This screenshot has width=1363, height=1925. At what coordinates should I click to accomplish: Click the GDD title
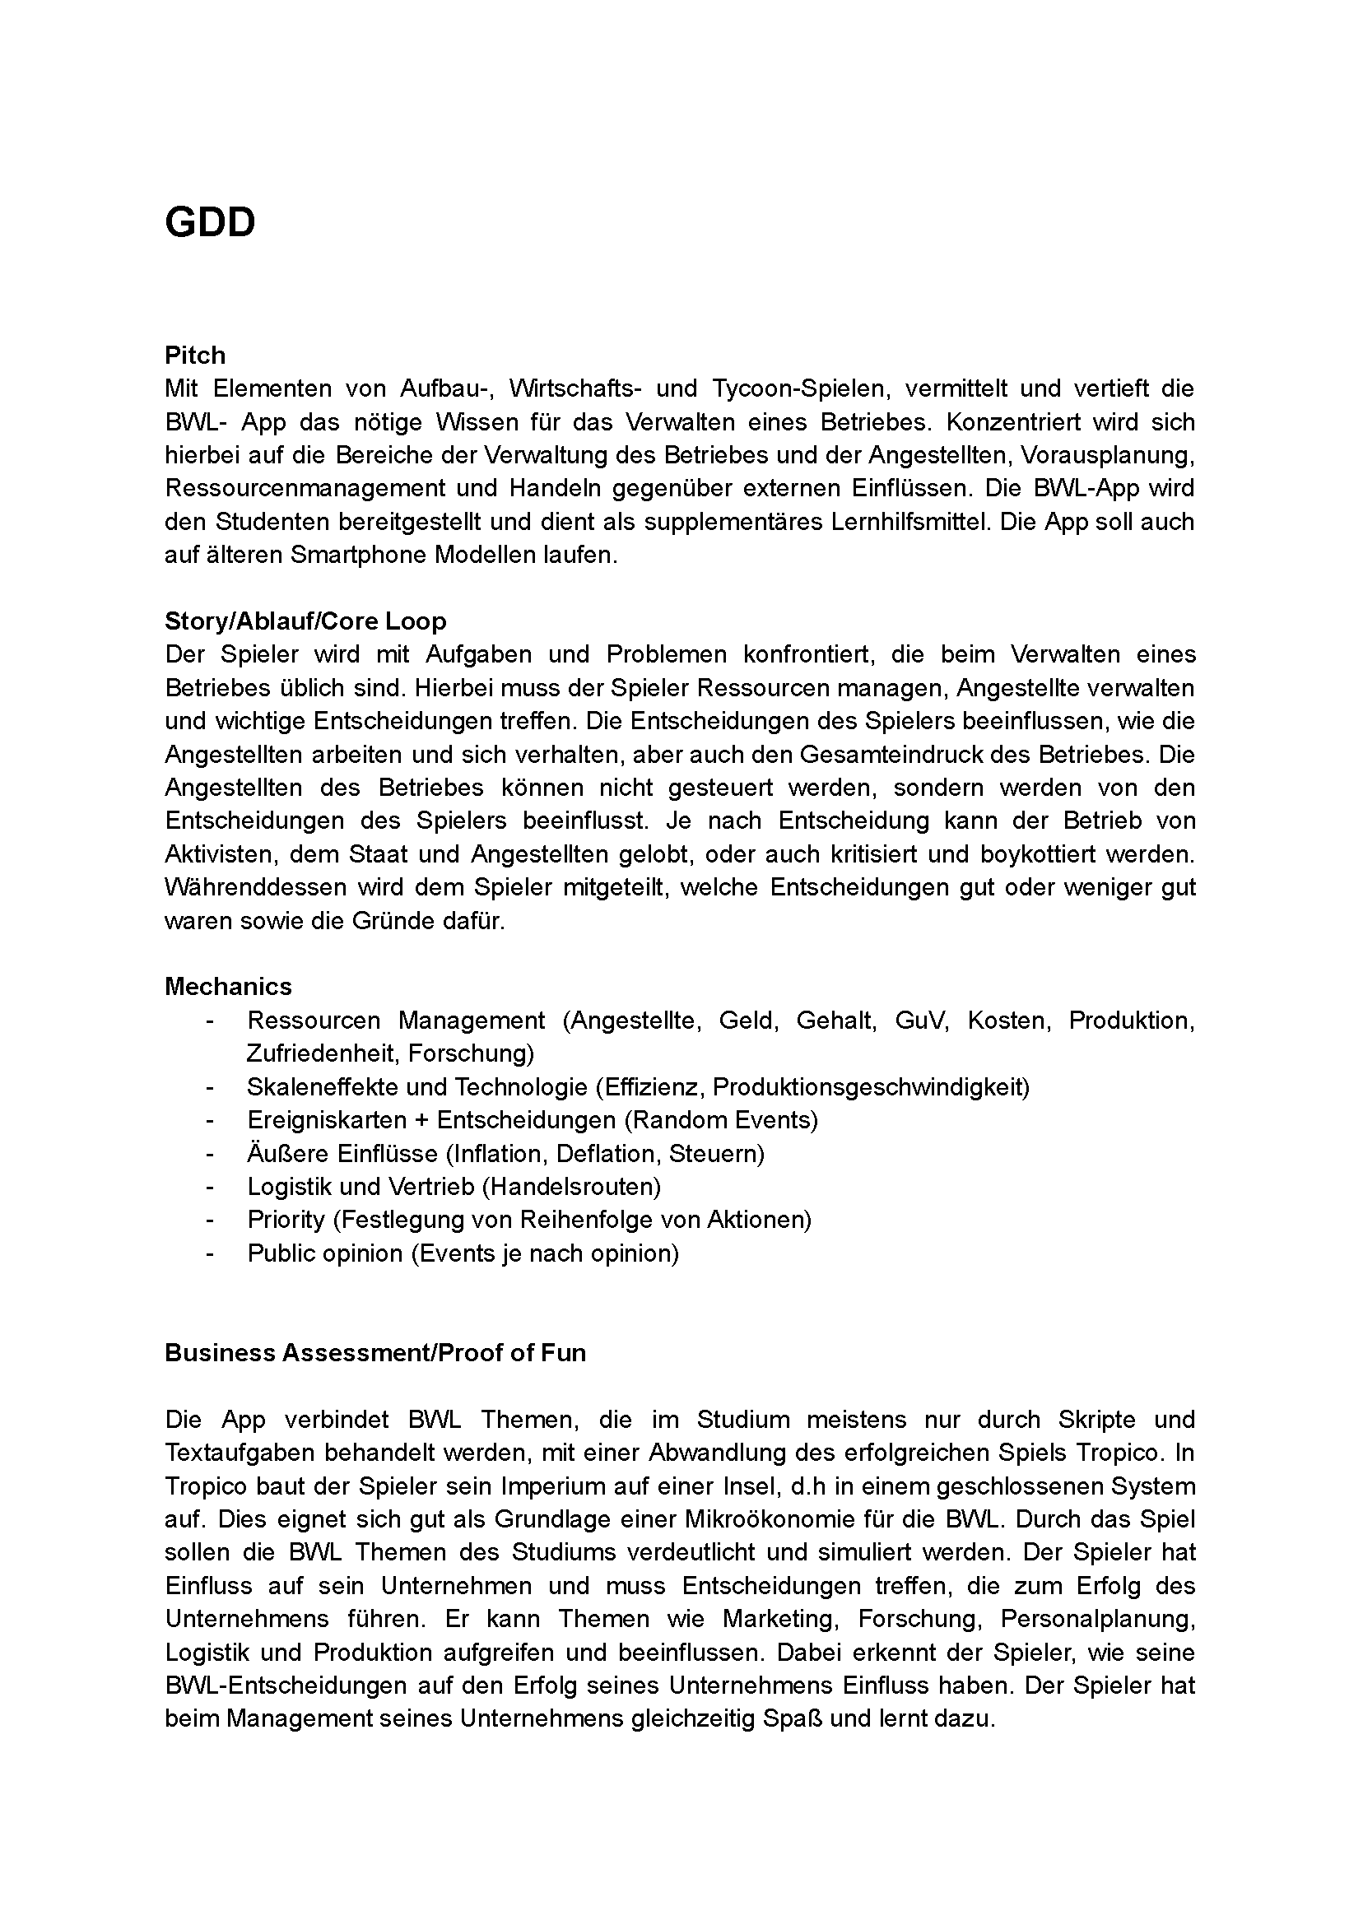click(210, 223)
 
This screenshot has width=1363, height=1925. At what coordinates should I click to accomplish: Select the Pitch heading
click(195, 356)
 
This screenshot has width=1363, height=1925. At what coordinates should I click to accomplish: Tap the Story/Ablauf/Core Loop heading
click(305, 621)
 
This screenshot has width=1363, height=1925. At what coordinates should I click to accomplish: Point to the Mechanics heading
click(228, 986)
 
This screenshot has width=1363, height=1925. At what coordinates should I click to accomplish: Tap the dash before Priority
click(209, 1221)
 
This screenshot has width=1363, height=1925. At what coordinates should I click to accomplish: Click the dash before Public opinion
click(209, 1253)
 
